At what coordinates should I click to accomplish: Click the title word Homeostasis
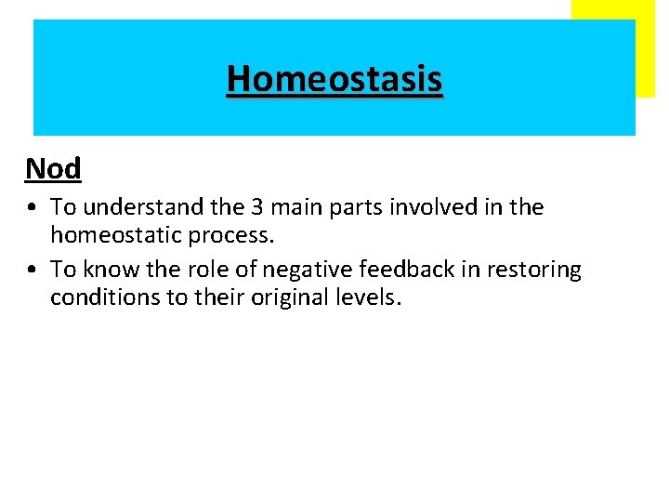pyautogui.click(x=334, y=79)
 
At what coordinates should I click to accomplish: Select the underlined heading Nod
pyautogui.click(x=54, y=168)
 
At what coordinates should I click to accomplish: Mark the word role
pyautogui.click(x=197, y=271)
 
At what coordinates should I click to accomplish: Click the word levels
pyautogui.click(x=371, y=298)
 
